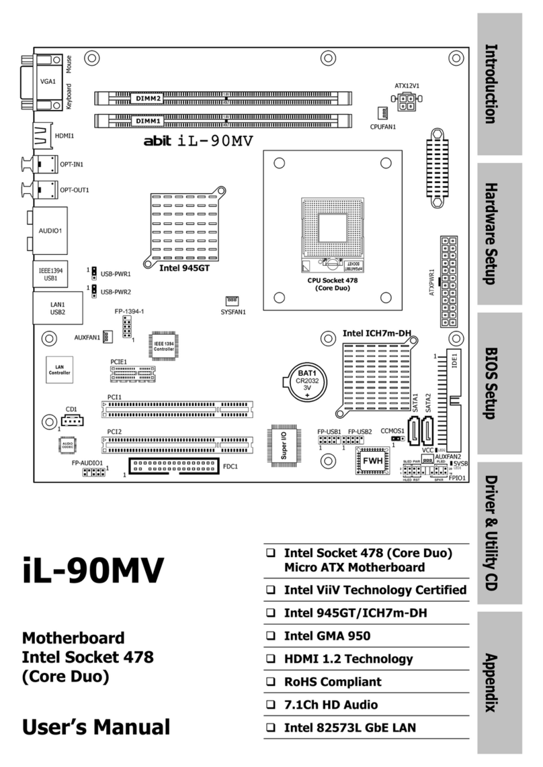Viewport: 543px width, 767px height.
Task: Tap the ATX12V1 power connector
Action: coord(407,101)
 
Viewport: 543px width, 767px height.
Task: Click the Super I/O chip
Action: coord(283,443)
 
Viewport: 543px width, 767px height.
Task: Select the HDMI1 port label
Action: coord(65,135)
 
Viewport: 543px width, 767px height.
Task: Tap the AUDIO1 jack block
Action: coord(49,229)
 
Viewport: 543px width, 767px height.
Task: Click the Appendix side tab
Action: coord(497,682)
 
